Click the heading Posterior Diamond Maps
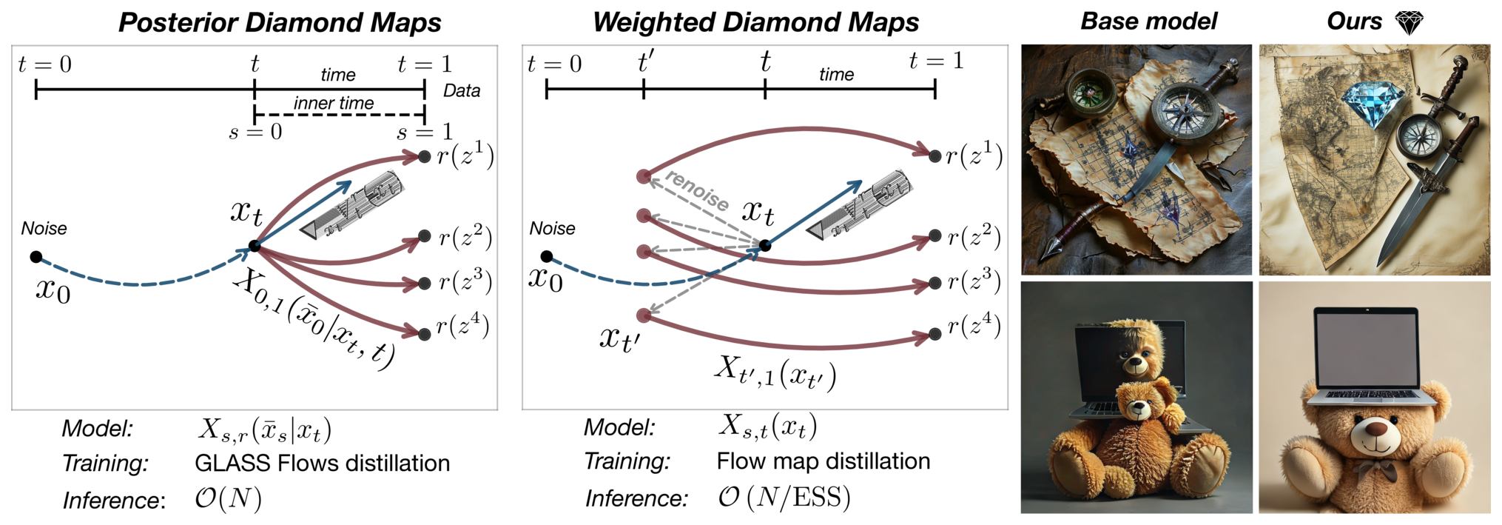pos(280,22)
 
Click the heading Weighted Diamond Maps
pos(755,22)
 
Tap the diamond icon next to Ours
pos(1409,22)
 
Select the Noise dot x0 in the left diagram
pos(36,257)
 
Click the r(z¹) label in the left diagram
pos(465,156)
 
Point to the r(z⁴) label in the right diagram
pos(974,326)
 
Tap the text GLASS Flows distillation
pos(322,464)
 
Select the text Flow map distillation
pos(823,461)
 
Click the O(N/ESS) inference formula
pos(784,498)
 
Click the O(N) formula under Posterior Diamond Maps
pos(228,499)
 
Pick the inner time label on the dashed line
pos(334,103)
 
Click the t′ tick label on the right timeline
pos(645,62)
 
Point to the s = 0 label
pos(255,133)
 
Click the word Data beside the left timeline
pos(462,91)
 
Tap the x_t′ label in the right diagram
pos(619,338)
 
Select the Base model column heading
pos(1148,21)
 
